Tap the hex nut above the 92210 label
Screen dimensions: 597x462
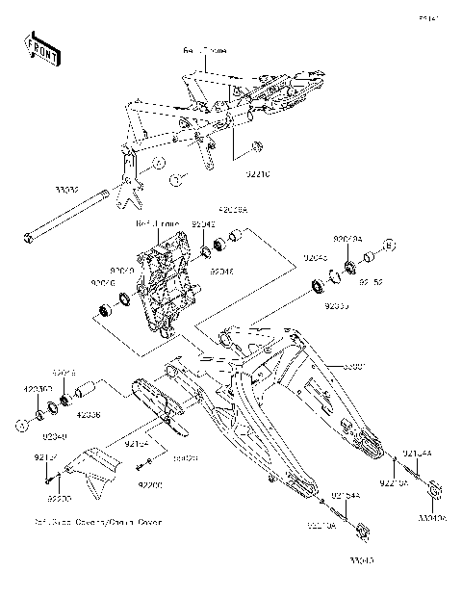pos(257,146)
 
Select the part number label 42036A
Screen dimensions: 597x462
pos(233,209)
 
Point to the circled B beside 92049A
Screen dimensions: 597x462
pos(389,245)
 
